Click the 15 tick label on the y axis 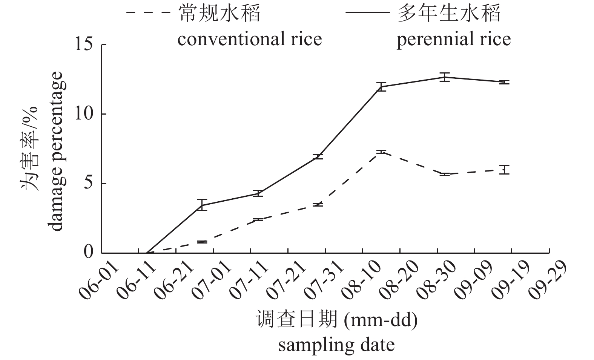(x=84, y=44)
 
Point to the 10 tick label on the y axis (x=84, y=114)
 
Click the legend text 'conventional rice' (x=250, y=39)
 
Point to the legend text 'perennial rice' (x=454, y=39)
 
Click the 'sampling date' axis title (x=336, y=345)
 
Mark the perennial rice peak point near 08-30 (x=445, y=77)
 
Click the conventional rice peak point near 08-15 (x=382, y=152)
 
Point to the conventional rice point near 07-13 (x=258, y=219)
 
